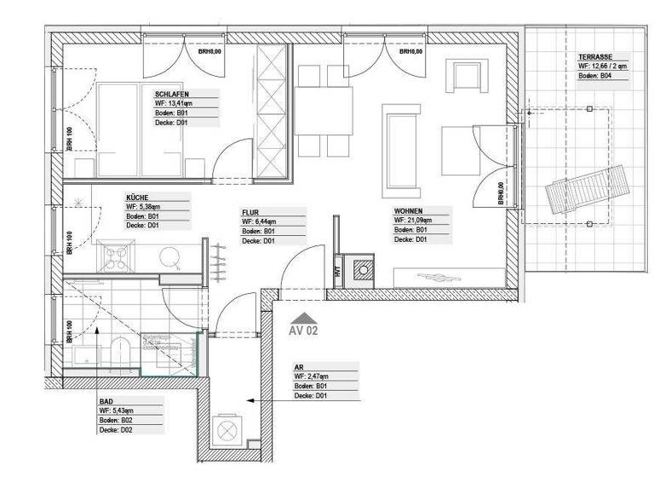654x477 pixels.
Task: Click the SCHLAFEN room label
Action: pos(172,94)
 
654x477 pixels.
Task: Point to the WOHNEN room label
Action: pos(410,210)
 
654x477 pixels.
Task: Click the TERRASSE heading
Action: pos(594,55)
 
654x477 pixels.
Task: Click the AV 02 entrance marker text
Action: pos(304,330)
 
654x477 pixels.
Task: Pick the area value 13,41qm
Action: pos(182,103)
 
